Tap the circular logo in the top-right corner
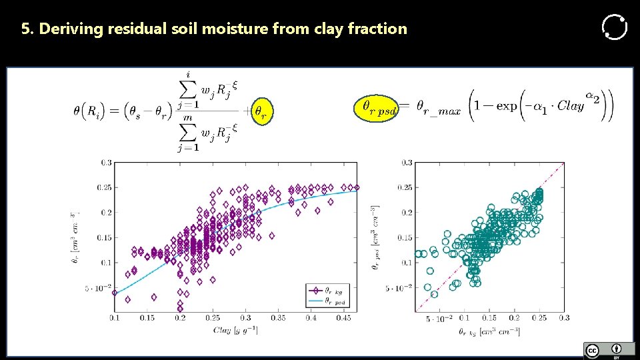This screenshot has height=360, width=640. point(614,27)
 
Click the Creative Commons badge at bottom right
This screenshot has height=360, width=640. point(609,351)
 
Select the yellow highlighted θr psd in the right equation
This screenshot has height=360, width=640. point(378,107)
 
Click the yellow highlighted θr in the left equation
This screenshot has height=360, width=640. point(263,112)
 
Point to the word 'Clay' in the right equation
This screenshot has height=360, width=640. point(571,105)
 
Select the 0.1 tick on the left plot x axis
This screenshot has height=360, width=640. point(115,318)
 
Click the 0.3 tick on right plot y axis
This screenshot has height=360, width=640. point(407,162)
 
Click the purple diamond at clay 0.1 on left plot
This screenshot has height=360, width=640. point(115,292)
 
